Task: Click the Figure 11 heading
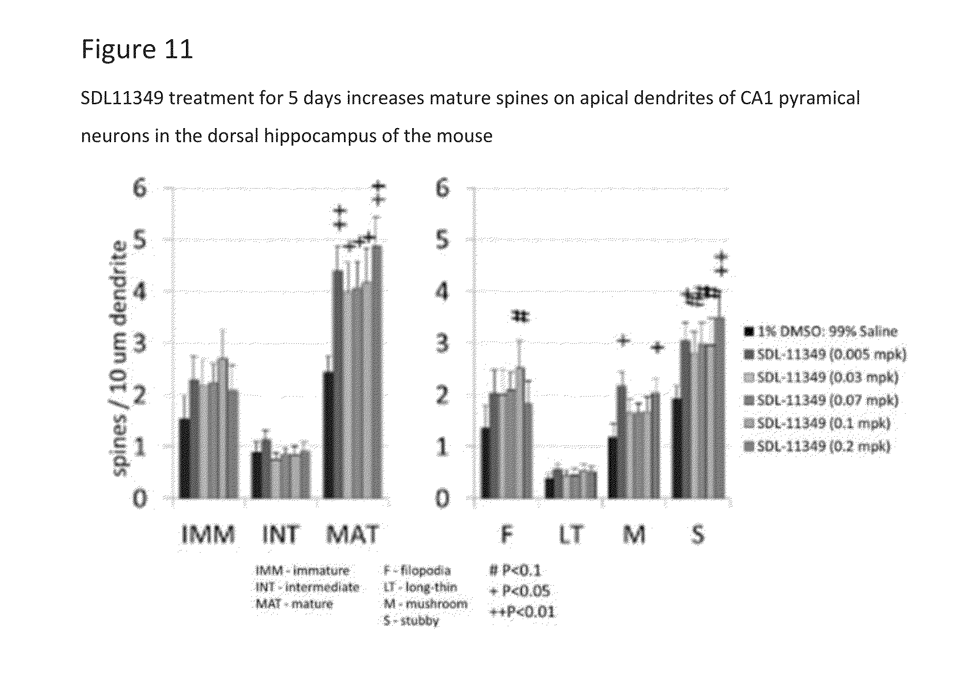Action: tap(137, 49)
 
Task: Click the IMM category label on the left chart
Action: tap(208, 535)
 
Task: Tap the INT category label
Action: tap(280, 535)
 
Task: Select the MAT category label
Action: tap(352, 535)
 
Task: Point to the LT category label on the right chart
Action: tap(571, 535)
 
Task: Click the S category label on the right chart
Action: tap(698, 535)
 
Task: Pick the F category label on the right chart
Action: tap(507, 535)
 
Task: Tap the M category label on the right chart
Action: tap(634, 535)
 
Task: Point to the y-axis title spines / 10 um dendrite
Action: tap(120, 358)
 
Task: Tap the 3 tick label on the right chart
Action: tap(442, 344)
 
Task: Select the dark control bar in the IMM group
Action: tap(184, 458)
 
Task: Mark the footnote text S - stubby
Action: tap(411, 621)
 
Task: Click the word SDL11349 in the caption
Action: tap(122, 98)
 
